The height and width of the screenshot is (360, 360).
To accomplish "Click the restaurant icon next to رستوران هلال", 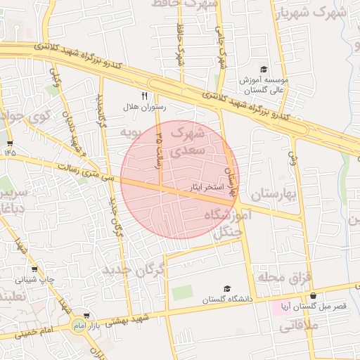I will [145, 96].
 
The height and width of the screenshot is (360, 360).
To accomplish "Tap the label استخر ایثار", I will [207, 188].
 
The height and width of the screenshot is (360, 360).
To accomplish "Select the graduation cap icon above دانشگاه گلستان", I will [226, 289].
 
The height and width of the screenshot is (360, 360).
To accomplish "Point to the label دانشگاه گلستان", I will [226, 300].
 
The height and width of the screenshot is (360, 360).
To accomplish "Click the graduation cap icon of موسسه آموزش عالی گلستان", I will [264, 69].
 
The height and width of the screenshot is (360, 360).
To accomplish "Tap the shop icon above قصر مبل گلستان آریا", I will [313, 296].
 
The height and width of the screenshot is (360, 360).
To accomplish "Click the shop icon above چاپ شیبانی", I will [34, 269].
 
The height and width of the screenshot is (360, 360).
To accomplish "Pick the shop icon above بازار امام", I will [86, 316].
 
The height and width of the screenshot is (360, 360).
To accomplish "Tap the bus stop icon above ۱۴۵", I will [10, 142].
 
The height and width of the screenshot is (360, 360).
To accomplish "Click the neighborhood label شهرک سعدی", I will [188, 141].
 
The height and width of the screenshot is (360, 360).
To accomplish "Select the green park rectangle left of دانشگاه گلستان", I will [182, 293].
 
